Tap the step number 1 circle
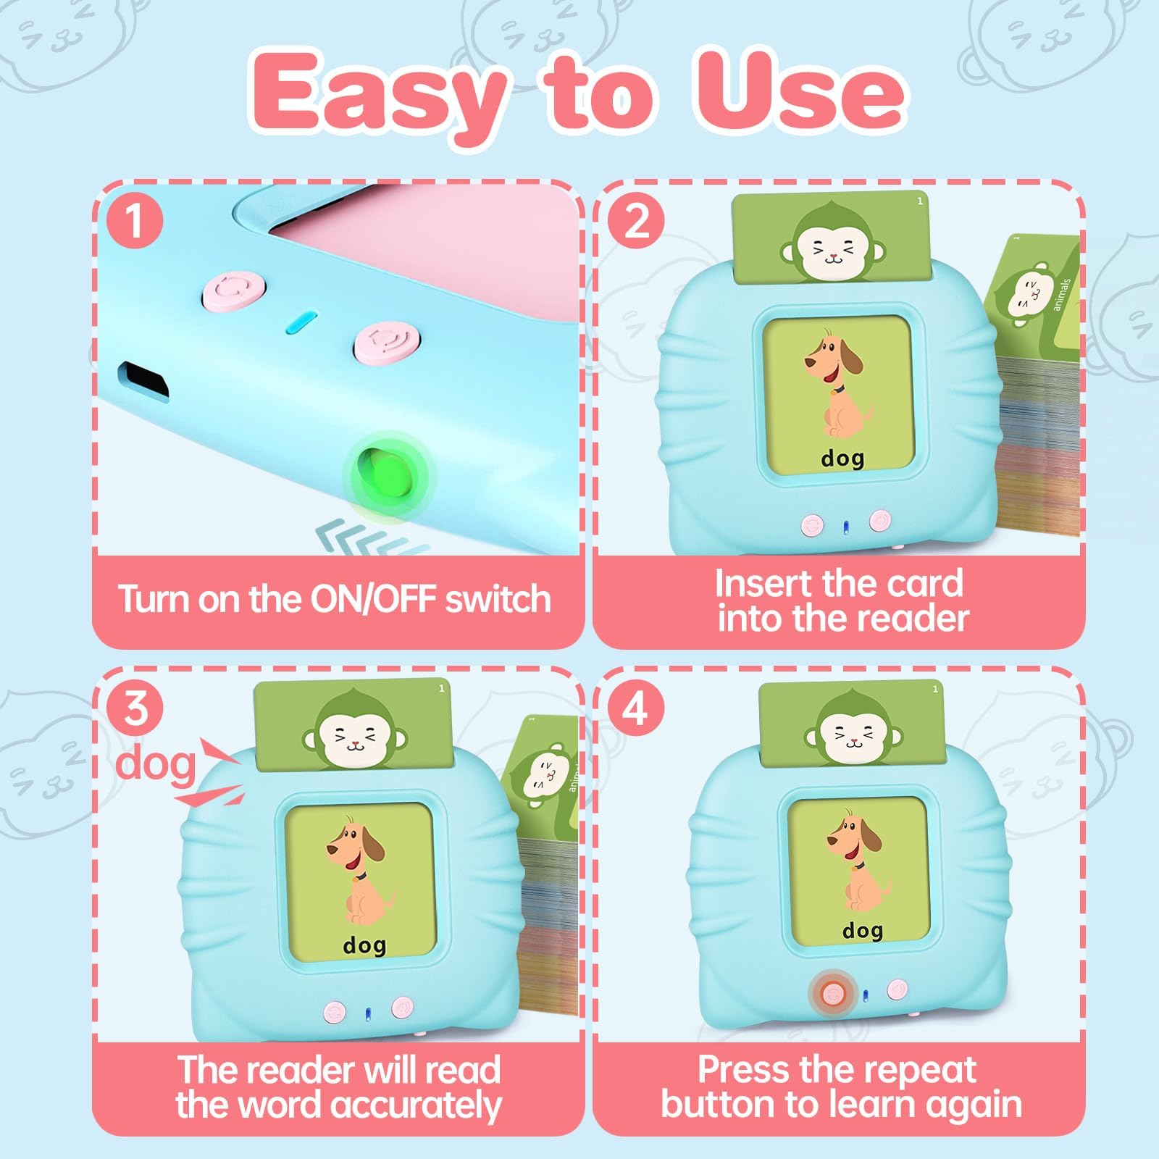point(134,220)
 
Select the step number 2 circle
point(636,220)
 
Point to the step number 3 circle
point(135,708)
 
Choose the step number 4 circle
point(635,708)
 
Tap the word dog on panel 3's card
point(364,945)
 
